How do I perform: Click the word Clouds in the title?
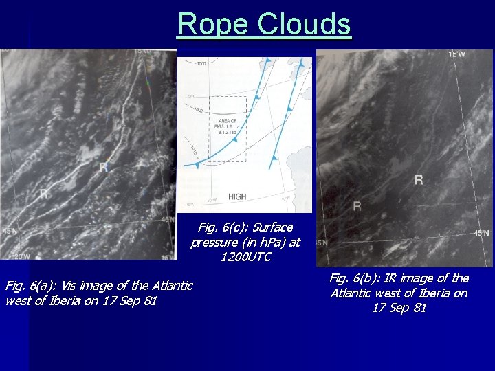305,25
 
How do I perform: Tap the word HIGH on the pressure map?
236,196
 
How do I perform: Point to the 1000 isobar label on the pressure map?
201,64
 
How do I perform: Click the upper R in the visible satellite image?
103,167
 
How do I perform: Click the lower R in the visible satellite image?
44,194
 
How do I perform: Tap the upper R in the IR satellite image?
419,179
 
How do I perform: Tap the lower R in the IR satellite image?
357,205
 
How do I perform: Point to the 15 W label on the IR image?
456,54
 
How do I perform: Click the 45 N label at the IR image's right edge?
481,234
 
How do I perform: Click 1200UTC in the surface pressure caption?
246,257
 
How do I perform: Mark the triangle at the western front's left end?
197,166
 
